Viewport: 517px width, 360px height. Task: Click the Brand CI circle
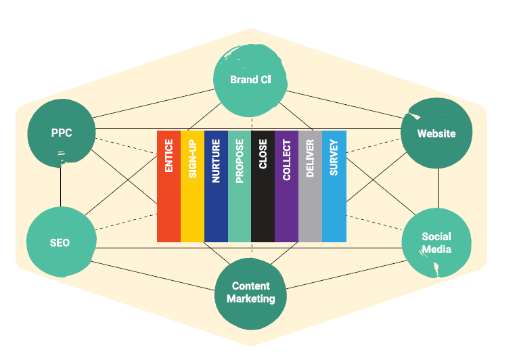tap(250, 80)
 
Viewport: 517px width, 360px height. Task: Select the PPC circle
tap(61, 133)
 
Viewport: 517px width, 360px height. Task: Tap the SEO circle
tap(60, 243)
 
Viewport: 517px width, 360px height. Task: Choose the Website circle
tap(436, 133)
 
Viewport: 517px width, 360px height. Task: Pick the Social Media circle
tap(436, 243)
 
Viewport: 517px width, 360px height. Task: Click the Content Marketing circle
tap(250, 292)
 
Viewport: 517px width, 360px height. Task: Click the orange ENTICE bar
tap(168, 186)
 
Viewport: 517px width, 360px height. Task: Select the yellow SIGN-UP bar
tap(192, 186)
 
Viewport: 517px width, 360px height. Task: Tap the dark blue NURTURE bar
tap(216, 186)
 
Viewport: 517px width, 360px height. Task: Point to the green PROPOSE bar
tap(240, 186)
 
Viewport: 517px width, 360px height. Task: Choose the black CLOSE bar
tap(263, 186)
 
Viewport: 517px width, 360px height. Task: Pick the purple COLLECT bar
tap(286, 186)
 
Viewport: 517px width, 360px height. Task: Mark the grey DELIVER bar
tap(310, 186)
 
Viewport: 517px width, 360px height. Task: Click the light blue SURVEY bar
tap(334, 186)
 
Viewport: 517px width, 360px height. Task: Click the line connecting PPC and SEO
tap(60, 188)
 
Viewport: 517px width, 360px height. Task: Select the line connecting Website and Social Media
tap(438, 188)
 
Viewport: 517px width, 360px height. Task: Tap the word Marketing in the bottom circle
tap(250, 298)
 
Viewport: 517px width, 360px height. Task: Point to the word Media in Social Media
tap(436, 249)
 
